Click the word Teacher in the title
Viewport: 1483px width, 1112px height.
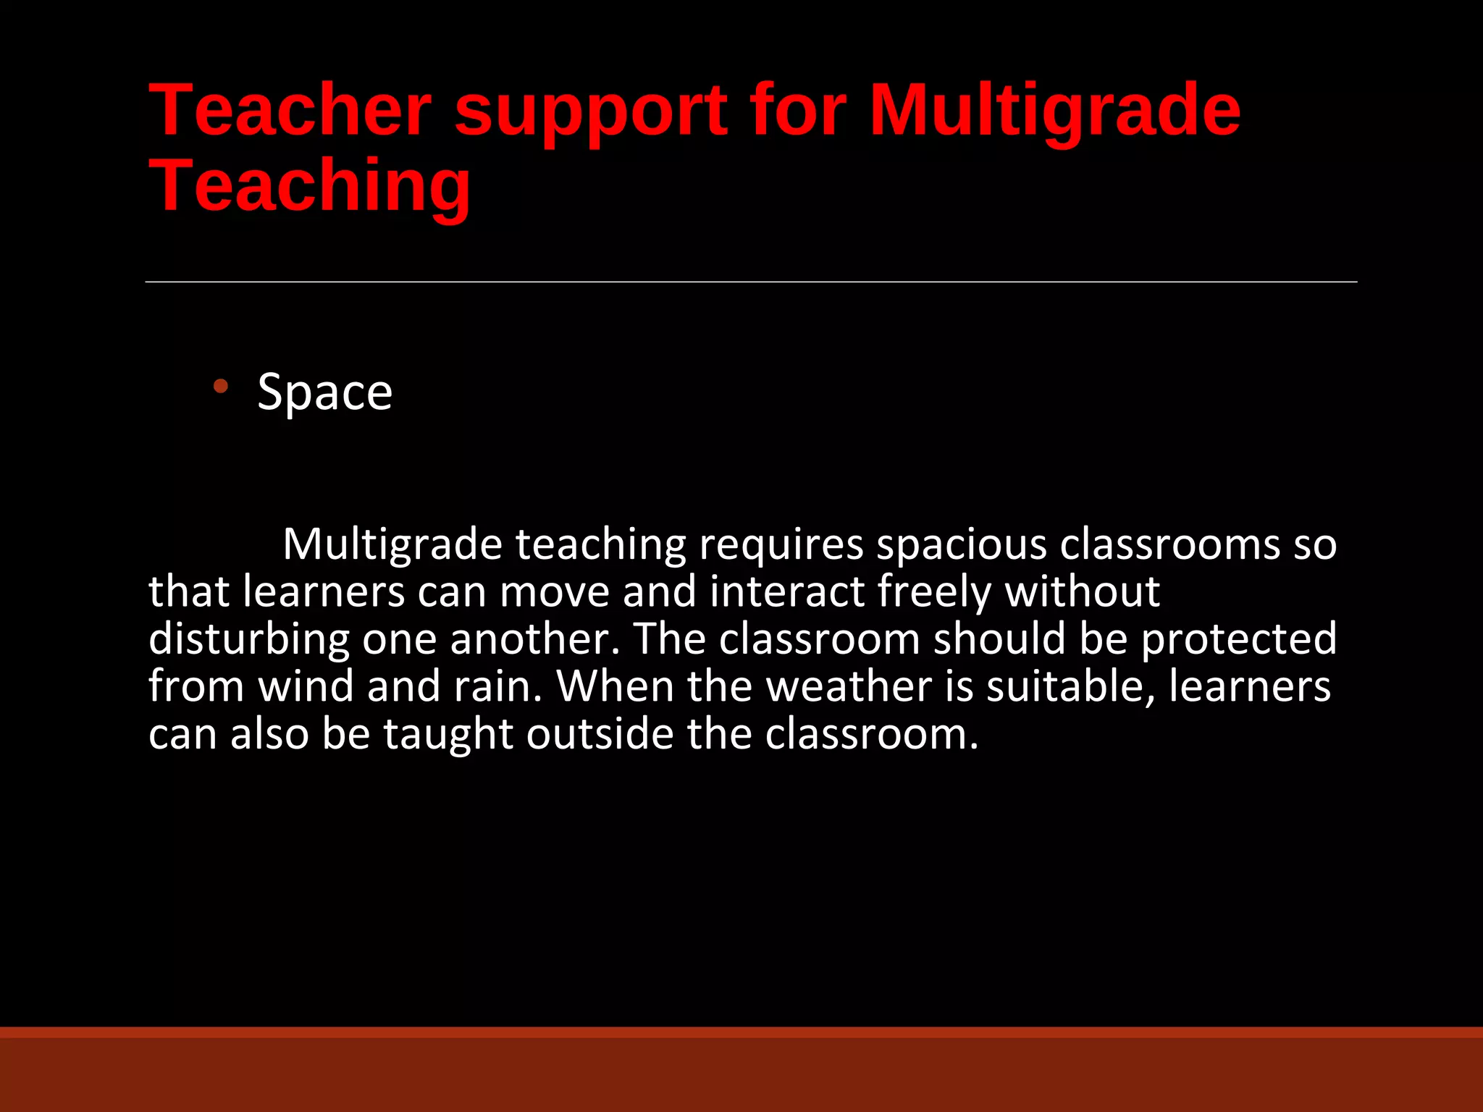[x=290, y=110]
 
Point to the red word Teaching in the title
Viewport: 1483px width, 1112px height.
[x=310, y=187]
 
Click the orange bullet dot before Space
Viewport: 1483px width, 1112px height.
[x=221, y=387]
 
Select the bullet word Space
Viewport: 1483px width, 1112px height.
[x=324, y=392]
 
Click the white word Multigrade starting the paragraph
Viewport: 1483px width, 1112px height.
[x=392, y=544]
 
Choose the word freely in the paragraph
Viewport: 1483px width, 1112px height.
[x=933, y=592]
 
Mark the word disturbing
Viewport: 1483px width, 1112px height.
[x=248, y=639]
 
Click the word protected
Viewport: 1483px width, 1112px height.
[x=1238, y=639]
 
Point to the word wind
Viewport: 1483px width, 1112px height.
[x=306, y=686]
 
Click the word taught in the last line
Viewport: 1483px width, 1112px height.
[x=447, y=734]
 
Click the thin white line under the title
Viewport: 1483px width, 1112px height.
[x=751, y=282]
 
